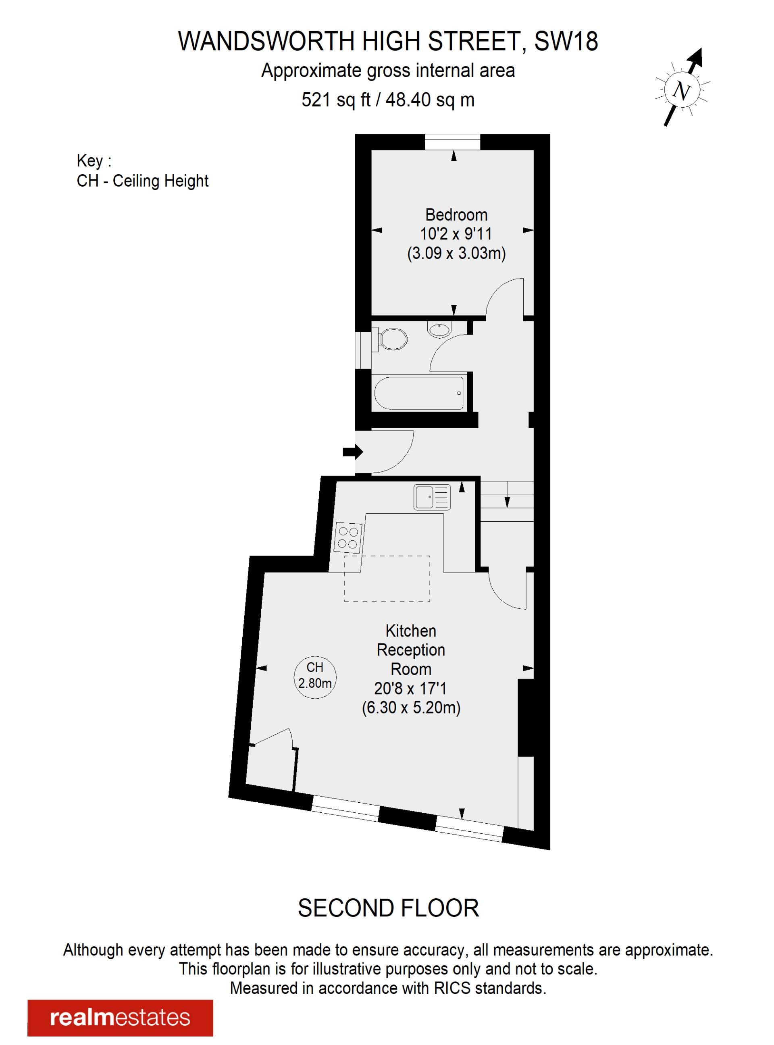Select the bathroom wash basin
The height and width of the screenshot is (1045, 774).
coord(439,329)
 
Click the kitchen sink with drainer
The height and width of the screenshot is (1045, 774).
coord(432,497)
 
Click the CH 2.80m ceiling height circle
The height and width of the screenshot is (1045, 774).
coord(315,677)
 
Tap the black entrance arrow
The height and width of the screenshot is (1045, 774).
coord(353,452)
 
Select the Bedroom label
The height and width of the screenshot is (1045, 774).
coord(456,214)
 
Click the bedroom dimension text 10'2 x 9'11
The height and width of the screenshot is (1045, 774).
coord(456,233)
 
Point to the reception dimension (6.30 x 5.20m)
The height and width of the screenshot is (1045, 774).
coord(411,707)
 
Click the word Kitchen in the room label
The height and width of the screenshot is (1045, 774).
coord(410,631)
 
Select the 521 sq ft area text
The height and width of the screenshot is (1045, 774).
coord(336,100)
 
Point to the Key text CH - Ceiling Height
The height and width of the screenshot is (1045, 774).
coord(142,181)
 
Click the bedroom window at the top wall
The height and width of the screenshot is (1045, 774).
coord(453,142)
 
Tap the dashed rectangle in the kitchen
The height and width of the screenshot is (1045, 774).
coord(387,579)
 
